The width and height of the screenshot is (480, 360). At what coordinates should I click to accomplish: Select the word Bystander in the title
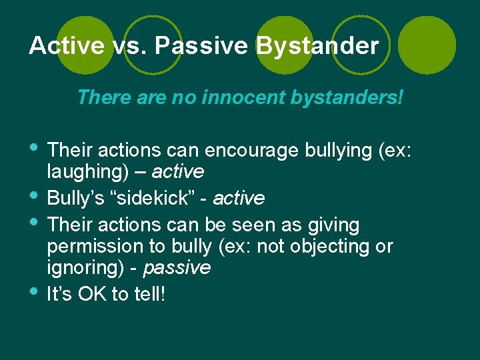click(318, 46)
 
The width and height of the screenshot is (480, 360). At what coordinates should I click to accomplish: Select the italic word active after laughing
click(178, 172)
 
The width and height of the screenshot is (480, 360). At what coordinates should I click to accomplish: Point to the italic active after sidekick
click(239, 199)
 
